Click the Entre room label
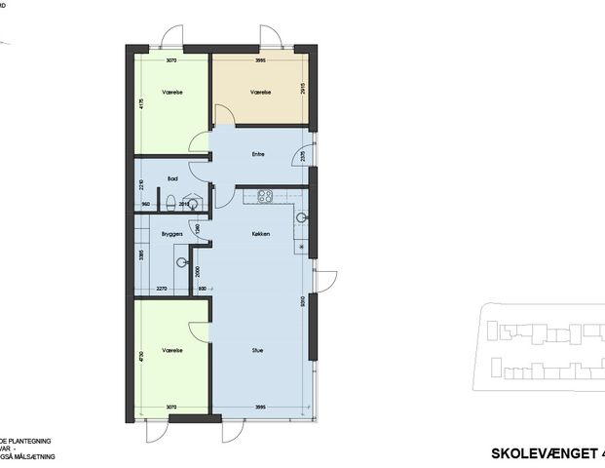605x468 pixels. (x=258, y=154)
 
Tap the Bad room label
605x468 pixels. (x=172, y=177)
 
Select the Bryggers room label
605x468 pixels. (x=172, y=235)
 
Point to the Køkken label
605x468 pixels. (x=259, y=235)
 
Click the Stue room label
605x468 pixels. (x=258, y=350)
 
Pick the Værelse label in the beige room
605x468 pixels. (x=260, y=93)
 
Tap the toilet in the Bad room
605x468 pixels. (x=171, y=203)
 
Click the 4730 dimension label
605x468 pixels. (x=142, y=356)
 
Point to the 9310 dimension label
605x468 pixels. (x=303, y=301)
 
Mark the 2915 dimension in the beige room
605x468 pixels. (x=303, y=90)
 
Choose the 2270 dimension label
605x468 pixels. (x=162, y=289)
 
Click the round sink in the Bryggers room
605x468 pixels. (x=182, y=261)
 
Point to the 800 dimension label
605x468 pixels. (x=202, y=289)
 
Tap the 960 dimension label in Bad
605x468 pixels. (x=145, y=204)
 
